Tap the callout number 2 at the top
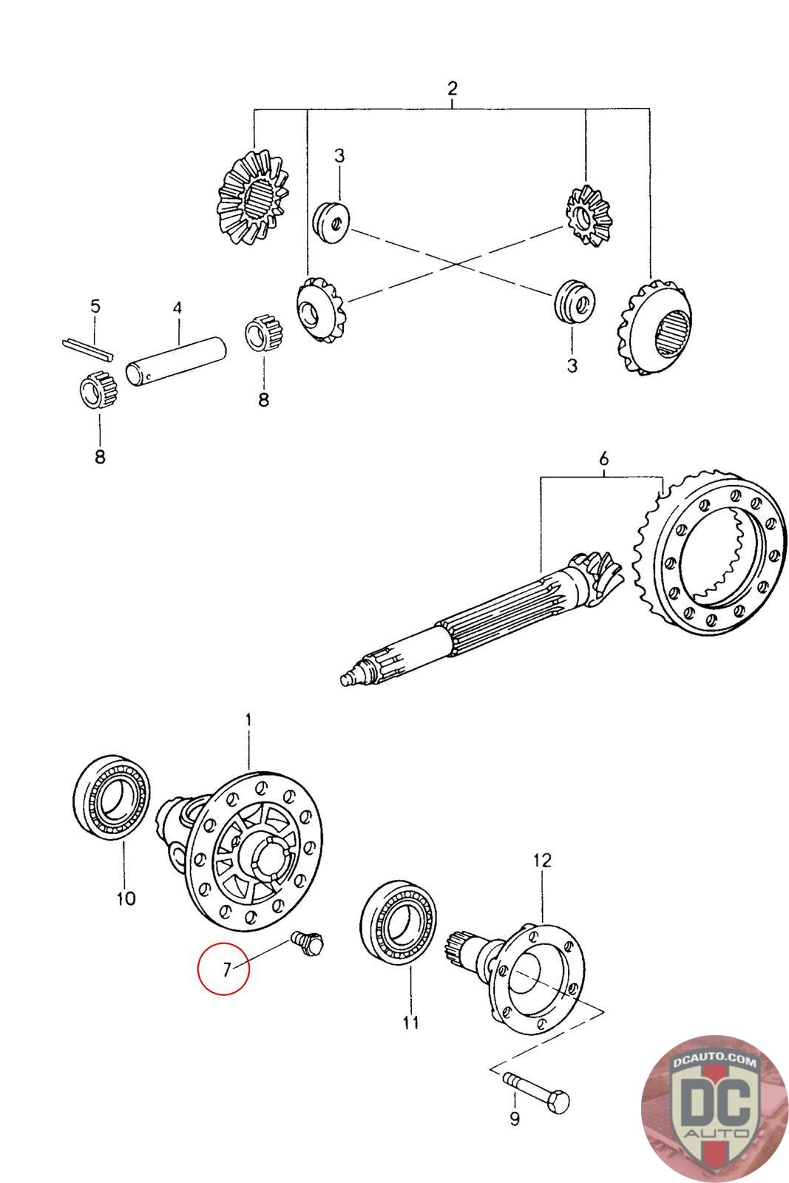click(453, 89)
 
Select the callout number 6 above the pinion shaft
click(603, 459)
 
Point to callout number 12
click(542, 861)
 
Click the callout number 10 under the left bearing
click(126, 898)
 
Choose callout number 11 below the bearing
click(411, 1023)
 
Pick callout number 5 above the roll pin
click(95, 306)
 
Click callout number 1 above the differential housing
click(248, 719)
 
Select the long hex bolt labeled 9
click(536, 1088)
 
